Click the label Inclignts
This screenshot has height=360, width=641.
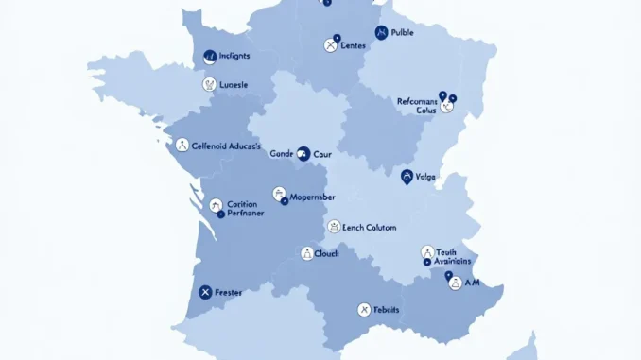click(234, 57)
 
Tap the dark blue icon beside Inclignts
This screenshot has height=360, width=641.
click(210, 57)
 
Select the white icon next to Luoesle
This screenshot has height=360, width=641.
click(209, 84)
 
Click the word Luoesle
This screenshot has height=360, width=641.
click(234, 84)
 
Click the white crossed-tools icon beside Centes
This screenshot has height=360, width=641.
click(331, 43)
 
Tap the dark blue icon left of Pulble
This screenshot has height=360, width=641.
click(381, 32)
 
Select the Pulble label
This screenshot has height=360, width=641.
click(402, 32)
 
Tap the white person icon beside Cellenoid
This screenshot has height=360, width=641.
click(182, 145)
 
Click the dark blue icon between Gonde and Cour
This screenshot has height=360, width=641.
click(303, 152)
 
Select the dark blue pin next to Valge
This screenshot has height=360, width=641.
click(407, 176)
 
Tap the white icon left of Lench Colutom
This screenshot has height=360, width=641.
click(333, 227)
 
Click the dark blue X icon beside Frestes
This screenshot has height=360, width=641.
click(204, 292)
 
